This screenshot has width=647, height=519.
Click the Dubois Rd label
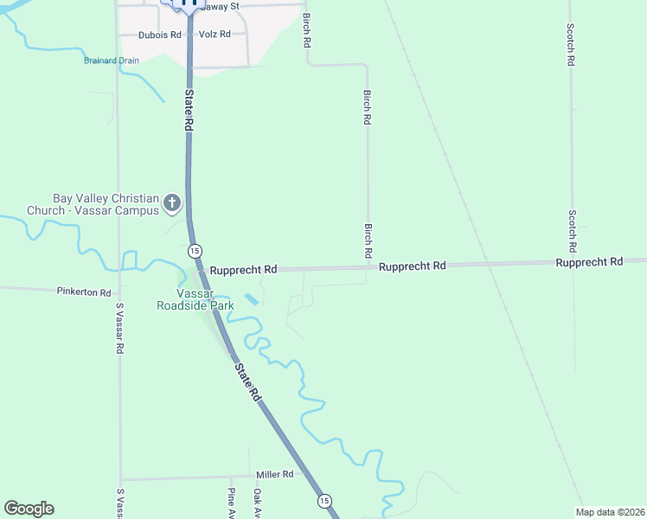160,35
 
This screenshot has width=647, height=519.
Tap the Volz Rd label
215,35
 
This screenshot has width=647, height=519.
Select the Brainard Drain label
111,61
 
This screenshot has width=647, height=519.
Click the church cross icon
172,203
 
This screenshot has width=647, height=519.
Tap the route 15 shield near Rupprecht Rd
195,250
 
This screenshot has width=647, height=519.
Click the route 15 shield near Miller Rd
323,501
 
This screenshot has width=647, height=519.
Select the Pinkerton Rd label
84,293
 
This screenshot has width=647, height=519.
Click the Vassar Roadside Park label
195,299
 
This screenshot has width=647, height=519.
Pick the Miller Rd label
275,475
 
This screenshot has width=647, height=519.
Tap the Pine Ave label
231,503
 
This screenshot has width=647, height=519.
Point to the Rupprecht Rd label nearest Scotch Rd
589,262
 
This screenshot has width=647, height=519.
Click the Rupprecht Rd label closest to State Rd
243,270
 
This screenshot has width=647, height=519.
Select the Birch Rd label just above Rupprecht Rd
368,240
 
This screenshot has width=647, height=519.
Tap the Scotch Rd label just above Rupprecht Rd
572,229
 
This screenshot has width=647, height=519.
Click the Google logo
29,509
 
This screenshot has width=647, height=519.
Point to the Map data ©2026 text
610,512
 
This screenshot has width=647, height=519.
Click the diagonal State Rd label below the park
247,381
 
